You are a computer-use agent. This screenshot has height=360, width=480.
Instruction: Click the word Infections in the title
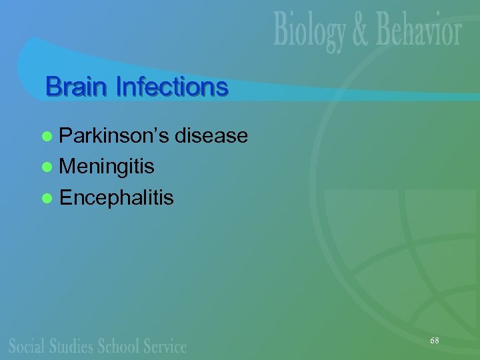click(x=171, y=87)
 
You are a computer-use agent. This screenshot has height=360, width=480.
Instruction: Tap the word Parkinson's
click(x=114, y=137)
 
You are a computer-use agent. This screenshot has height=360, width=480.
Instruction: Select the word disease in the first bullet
click(x=211, y=137)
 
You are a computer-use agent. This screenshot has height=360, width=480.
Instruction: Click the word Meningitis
click(x=107, y=167)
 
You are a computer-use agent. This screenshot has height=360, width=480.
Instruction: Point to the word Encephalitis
click(x=117, y=197)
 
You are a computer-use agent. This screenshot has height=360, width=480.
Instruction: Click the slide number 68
click(x=435, y=341)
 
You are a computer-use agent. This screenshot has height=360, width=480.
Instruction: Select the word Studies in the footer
click(x=71, y=346)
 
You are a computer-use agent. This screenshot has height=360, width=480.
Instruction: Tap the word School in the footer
click(x=119, y=346)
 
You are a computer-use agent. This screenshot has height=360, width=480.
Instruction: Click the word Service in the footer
click(x=165, y=346)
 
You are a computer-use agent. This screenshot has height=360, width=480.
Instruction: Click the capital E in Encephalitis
click(x=65, y=197)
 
